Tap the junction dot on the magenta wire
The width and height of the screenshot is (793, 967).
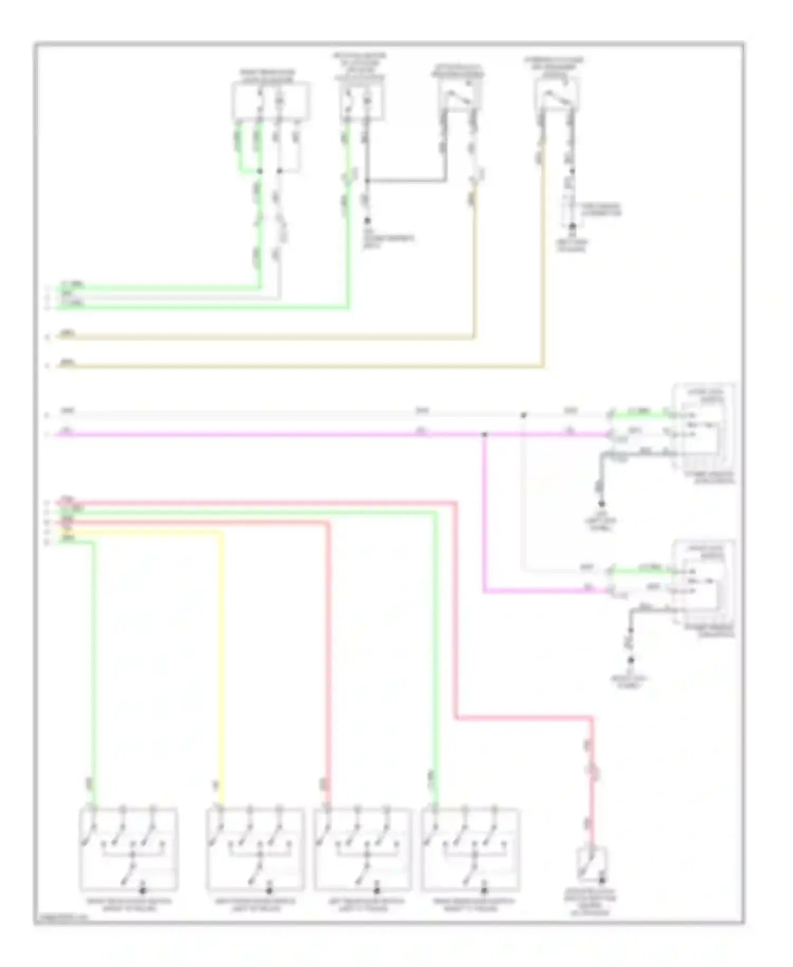click(484, 435)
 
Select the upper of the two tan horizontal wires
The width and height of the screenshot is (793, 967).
click(264, 336)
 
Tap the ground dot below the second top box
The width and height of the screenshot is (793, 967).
click(367, 221)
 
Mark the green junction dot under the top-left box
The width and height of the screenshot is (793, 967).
click(259, 171)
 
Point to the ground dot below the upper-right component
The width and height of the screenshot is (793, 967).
click(601, 504)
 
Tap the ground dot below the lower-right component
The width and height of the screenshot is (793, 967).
click(630, 661)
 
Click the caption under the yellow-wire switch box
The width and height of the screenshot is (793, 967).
click(255, 905)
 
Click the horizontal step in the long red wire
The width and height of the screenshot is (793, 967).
click(523, 718)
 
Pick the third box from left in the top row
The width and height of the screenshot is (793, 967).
click(458, 95)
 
